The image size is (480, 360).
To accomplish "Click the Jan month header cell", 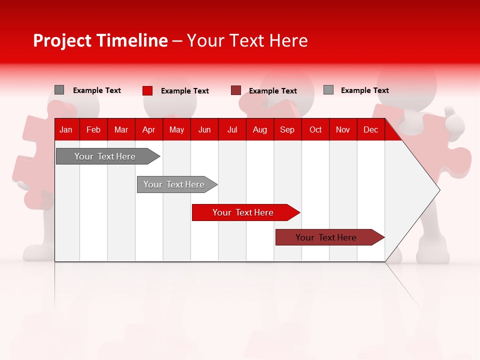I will (66, 129).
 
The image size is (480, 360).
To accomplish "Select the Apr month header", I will (149, 129).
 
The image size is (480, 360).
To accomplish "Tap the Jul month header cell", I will (232, 129).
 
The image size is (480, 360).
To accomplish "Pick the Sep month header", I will (287, 129).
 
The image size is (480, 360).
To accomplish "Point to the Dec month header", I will (370, 129).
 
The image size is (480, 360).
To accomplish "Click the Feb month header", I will (93, 129).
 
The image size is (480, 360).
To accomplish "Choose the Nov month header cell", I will (343, 129).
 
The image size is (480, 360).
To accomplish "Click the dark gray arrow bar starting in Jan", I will (105, 156).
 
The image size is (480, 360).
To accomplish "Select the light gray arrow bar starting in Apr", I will (174, 184).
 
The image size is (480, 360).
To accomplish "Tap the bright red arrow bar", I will (243, 212).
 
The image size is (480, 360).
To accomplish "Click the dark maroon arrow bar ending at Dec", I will (326, 237).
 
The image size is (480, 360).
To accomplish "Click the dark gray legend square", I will (59, 90).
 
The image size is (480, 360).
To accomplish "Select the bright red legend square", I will (147, 90).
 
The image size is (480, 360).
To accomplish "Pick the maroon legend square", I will (236, 90).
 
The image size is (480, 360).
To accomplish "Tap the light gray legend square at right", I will (328, 90).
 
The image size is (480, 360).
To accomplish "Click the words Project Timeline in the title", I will (100, 40).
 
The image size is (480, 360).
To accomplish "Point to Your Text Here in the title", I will (247, 40).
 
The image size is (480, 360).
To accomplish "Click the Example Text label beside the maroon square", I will (273, 91).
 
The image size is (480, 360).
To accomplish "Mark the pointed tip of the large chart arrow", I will (439, 189).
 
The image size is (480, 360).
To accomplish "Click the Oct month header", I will (315, 129).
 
